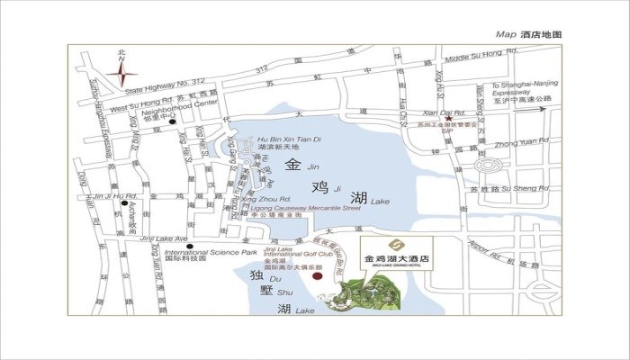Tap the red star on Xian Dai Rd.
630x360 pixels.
pos(447,119)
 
